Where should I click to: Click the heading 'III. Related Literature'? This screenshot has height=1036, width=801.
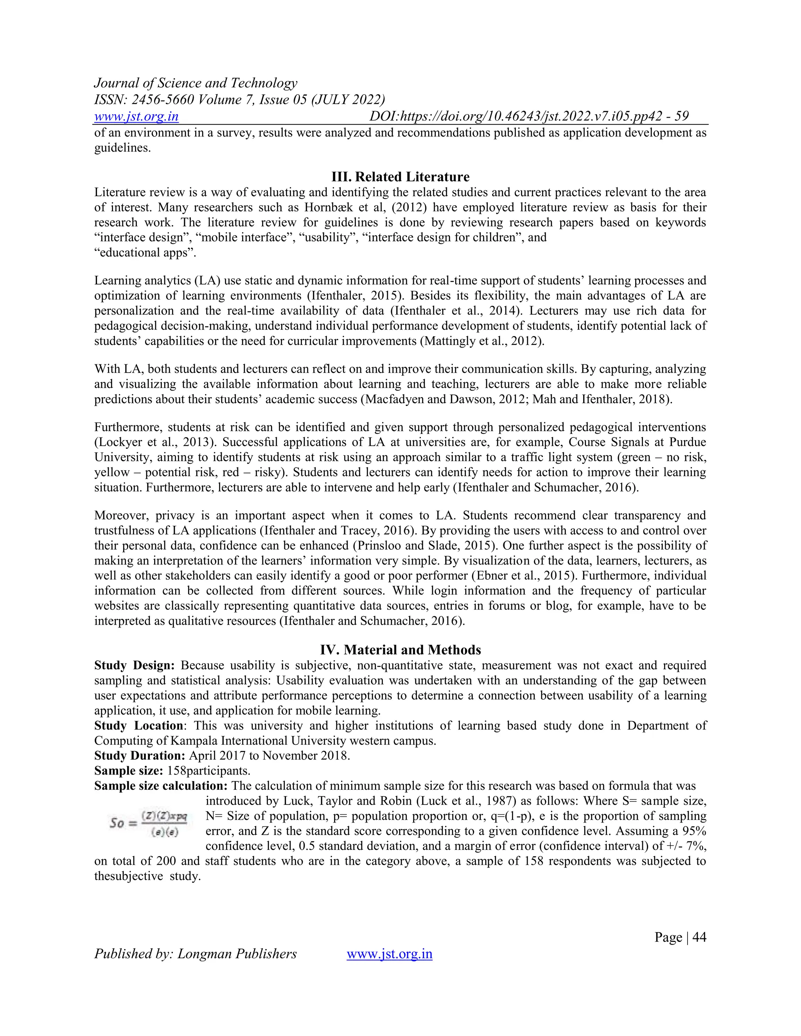tap(400, 177)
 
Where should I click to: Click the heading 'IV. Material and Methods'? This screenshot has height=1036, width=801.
tap(400, 649)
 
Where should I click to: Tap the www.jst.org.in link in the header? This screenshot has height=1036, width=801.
tap(136, 116)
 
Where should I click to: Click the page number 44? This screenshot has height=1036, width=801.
tap(699, 937)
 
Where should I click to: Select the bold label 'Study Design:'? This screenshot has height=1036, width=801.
tap(134, 665)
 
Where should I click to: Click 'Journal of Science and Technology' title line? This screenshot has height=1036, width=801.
tap(196, 83)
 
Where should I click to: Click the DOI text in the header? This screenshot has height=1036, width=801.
tap(529, 116)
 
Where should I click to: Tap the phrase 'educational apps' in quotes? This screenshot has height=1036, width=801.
tap(145, 253)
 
